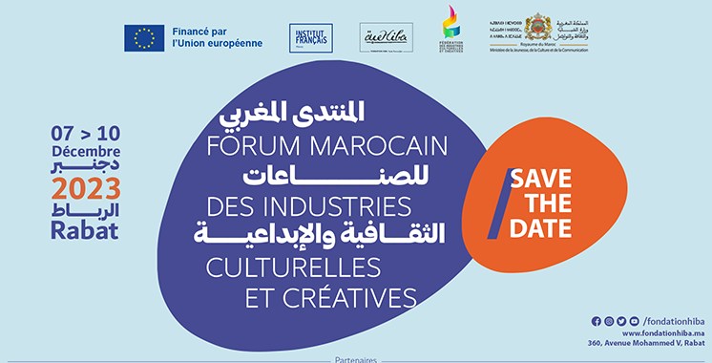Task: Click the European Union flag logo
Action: click(144, 37)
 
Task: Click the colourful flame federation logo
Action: click(450, 34)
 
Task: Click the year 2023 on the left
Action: click(86, 185)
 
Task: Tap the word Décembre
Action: click(86, 151)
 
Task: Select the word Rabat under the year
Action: click(87, 229)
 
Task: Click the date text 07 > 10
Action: click(86, 132)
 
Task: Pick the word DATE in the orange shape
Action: click(540, 229)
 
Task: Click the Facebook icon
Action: click(597, 321)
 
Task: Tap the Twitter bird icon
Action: click(621, 321)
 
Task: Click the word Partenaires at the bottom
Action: click(357, 359)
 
